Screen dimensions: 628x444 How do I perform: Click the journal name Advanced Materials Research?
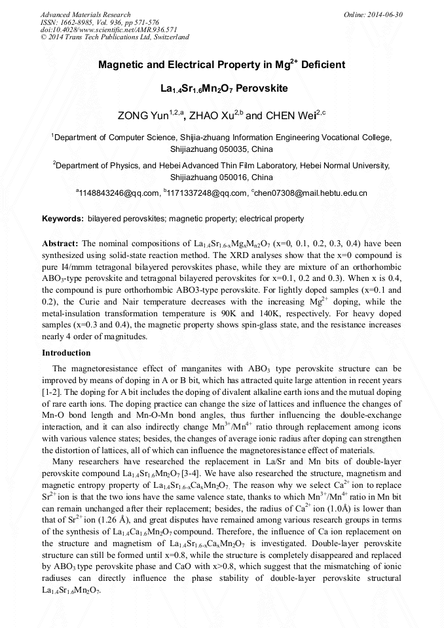85,14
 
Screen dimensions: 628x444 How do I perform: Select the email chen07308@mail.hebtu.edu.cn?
310,193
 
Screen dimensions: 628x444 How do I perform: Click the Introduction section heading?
66,353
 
